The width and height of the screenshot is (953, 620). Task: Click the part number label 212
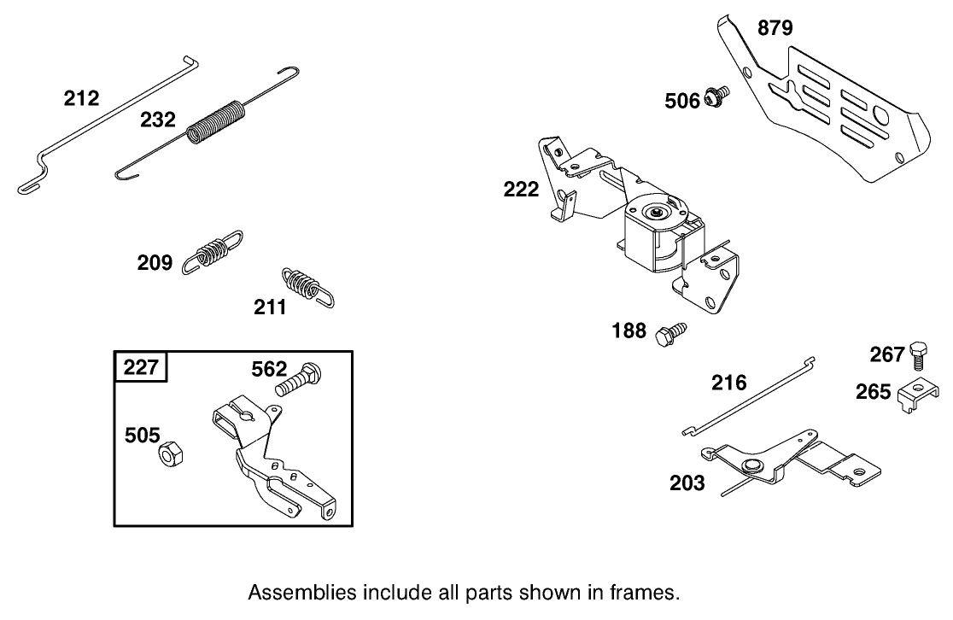click(81, 99)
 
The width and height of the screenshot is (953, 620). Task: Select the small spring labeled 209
click(211, 251)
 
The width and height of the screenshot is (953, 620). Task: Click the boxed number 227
click(140, 368)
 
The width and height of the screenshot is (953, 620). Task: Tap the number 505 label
click(142, 436)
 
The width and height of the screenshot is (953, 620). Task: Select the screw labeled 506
click(716, 97)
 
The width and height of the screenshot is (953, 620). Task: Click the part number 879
click(775, 29)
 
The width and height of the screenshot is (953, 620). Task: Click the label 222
click(522, 190)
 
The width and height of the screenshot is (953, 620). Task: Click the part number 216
click(729, 383)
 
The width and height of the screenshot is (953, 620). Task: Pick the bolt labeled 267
click(917, 354)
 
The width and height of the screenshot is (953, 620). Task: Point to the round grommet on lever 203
click(752, 466)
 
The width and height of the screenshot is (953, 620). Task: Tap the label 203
click(687, 484)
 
